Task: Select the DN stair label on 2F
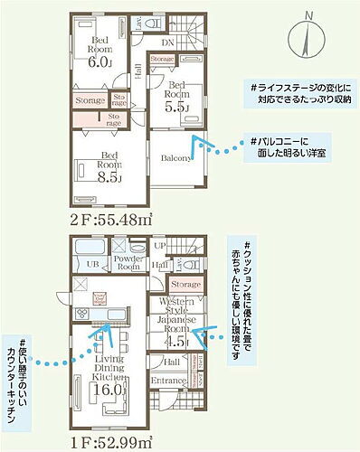click(168, 42)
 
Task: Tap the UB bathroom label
click(91, 264)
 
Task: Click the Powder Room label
click(128, 264)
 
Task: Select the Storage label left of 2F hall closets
click(90, 101)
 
